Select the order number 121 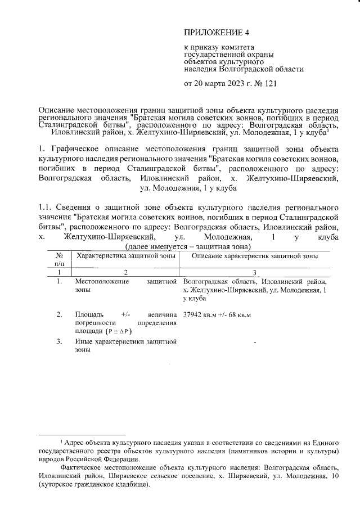point(268,84)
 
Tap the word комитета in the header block point(235,46)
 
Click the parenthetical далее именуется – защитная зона point(188,246)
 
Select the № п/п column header point(60,259)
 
